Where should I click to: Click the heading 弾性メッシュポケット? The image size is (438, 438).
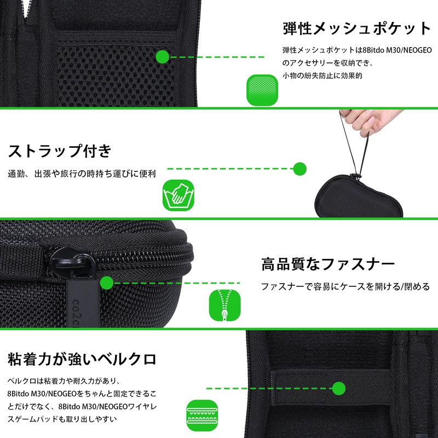[x=357, y=28]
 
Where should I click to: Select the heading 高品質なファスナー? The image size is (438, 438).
[x=328, y=265]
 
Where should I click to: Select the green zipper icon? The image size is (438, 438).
[x=225, y=306]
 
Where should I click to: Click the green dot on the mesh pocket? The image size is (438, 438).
[x=162, y=56]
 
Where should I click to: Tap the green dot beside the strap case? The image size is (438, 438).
[x=299, y=169]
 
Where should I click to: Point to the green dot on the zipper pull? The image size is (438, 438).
[x=106, y=283]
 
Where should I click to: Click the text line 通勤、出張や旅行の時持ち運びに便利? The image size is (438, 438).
[x=82, y=174]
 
